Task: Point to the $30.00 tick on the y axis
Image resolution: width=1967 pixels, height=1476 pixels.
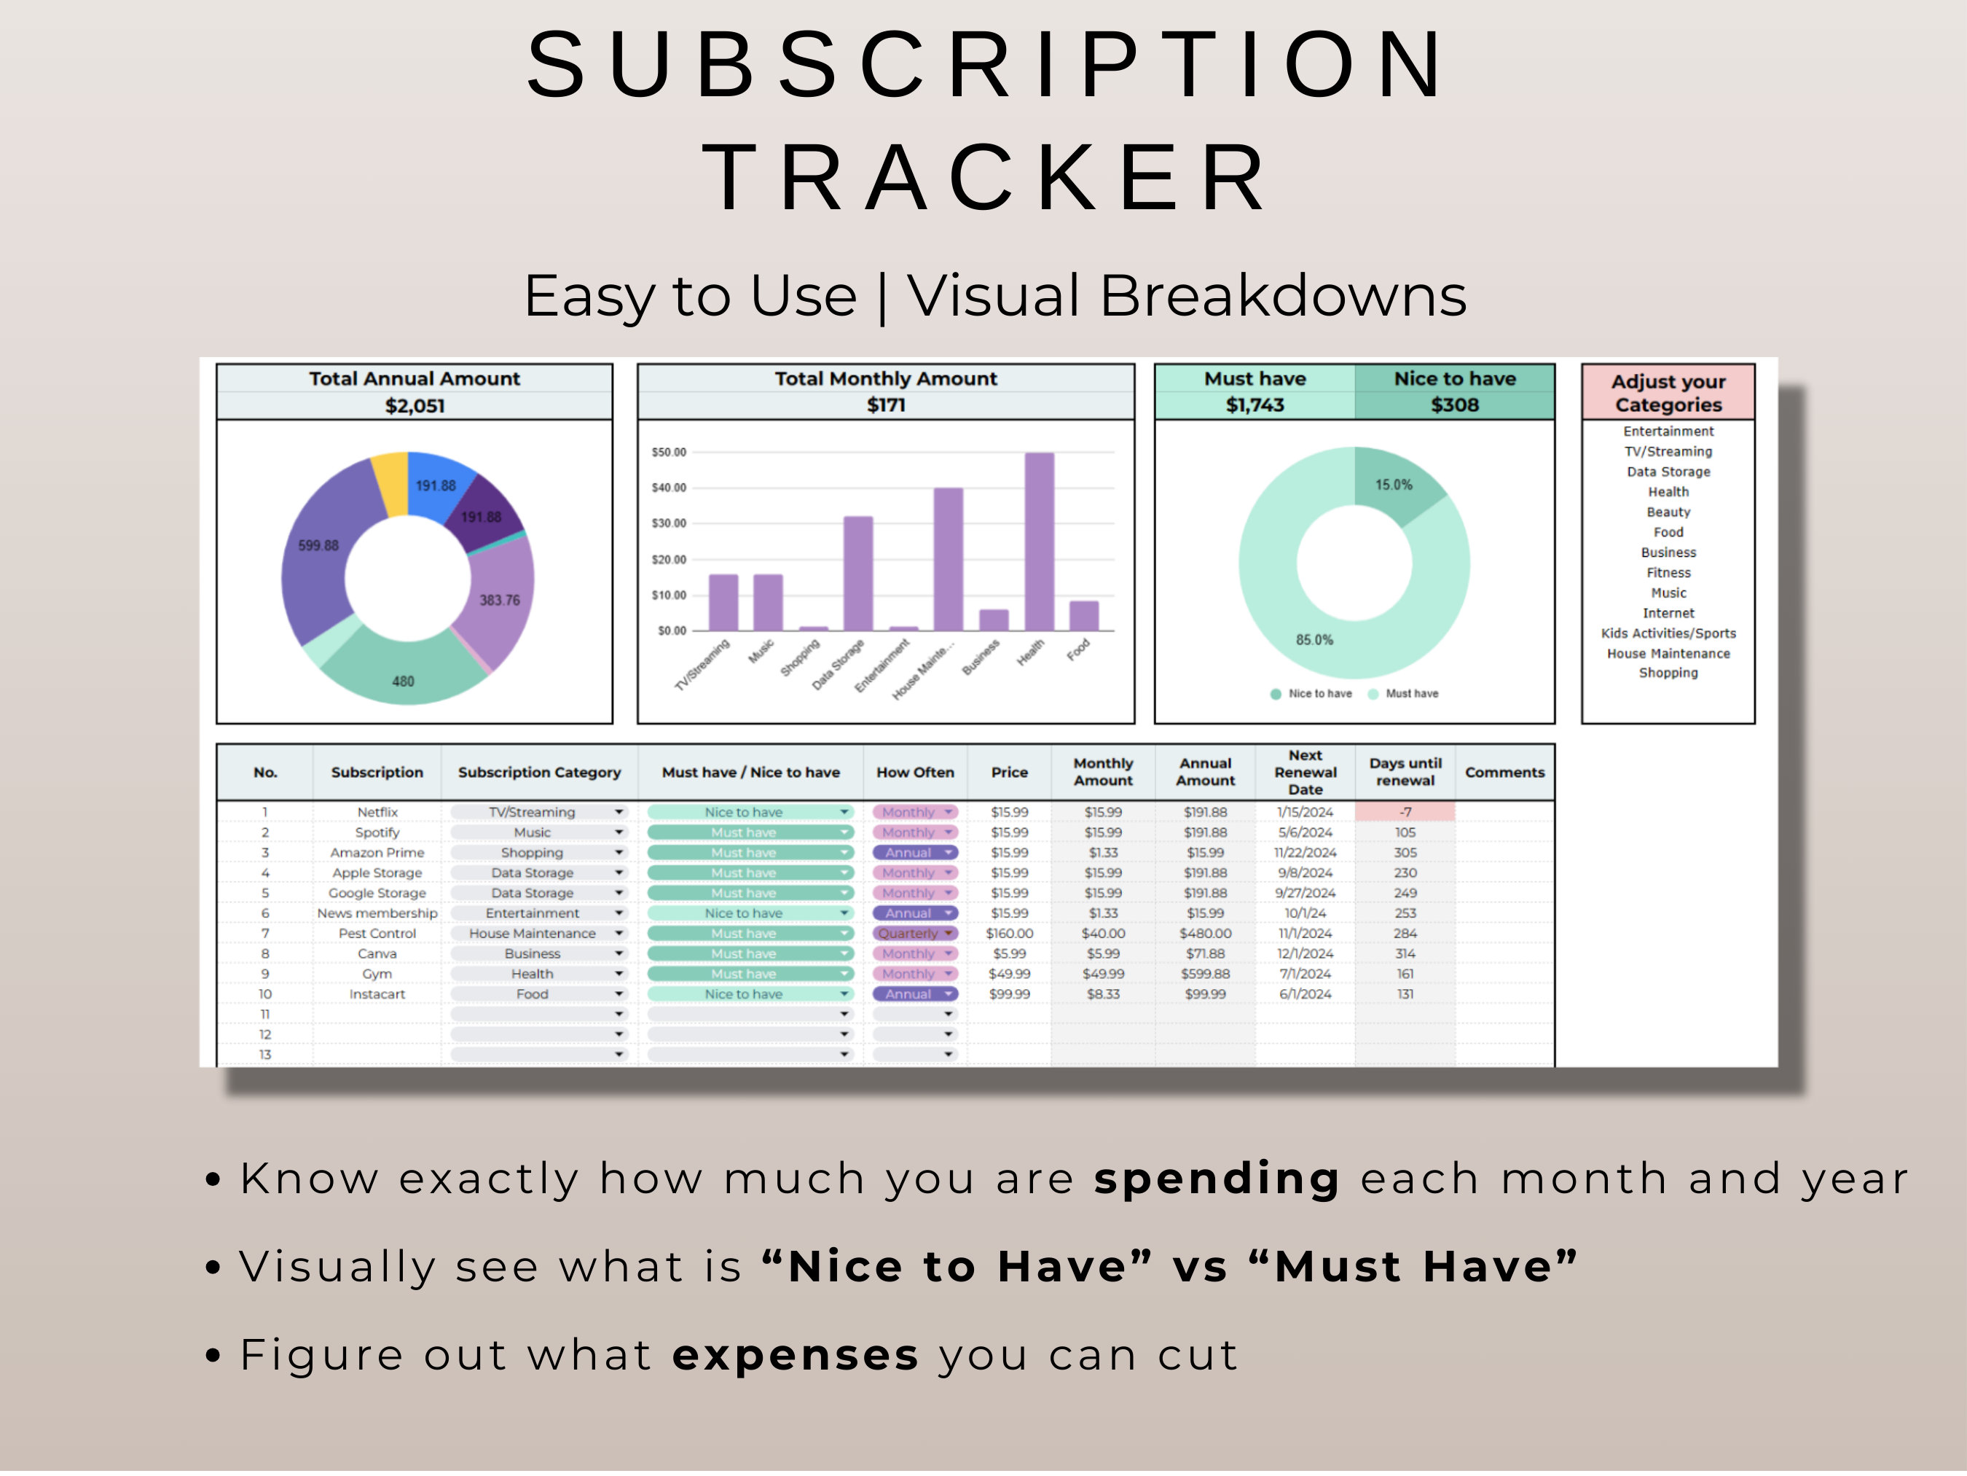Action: [669, 523]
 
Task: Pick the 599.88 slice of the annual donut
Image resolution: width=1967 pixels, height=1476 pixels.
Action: [318, 545]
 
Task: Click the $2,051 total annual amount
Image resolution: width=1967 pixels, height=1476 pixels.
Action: [415, 406]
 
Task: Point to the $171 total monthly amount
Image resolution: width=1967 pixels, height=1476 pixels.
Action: [886, 405]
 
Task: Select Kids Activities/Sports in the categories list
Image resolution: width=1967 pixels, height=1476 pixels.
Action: [1668, 633]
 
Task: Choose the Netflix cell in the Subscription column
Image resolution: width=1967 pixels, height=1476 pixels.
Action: [377, 812]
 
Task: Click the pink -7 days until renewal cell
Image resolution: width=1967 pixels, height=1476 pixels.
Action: [1405, 812]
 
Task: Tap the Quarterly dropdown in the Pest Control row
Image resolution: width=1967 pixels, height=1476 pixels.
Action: [915, 933]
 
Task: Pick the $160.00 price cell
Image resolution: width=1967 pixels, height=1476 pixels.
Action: [1009, 933]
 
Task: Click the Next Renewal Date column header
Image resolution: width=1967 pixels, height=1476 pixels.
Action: [1305, 772]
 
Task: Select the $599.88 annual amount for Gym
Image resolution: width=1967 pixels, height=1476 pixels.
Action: [1205, 975]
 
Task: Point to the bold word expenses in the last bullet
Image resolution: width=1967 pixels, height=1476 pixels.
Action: [795, 1356]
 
